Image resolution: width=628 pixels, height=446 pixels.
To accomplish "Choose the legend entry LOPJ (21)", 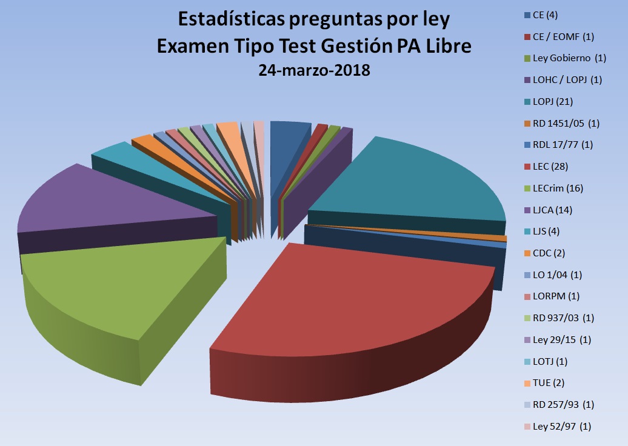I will [552, 101].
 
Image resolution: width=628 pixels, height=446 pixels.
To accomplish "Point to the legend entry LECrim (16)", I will [557, 188].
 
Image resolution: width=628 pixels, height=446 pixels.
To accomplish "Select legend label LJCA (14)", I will [552, 210].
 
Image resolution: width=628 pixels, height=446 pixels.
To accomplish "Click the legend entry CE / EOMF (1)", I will [563, 37].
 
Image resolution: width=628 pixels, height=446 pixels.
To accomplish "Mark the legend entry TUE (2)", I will [549, 383].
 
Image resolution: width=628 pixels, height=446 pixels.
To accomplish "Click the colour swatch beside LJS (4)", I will [527, 231].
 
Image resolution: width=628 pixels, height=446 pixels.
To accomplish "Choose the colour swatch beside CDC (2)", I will [527, 253].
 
